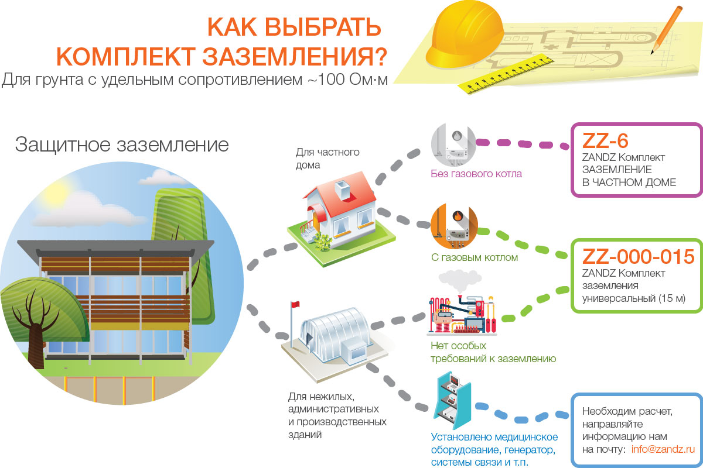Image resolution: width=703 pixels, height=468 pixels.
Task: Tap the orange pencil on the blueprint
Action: click(666, 30)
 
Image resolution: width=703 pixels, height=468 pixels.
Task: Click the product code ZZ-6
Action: click(605, 141)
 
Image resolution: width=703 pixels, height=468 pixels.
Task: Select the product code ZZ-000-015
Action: click(639, 257)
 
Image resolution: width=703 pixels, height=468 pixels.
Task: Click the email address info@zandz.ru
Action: click(663, 449)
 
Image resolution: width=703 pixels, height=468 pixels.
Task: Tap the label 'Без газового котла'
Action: click(476, 174)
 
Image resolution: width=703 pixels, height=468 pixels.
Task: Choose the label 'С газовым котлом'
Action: click(475, 257)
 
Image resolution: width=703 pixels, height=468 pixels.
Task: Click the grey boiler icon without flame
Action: click(454, 144)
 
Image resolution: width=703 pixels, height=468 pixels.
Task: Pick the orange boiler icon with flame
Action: click(454, 226)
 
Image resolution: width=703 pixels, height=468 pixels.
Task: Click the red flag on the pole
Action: click(295, 304)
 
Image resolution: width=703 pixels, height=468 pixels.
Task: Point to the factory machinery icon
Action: click(462, 315)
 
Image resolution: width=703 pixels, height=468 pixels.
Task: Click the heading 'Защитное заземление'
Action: click(122, 145)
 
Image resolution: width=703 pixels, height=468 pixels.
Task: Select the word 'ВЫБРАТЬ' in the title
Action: click(323, 27)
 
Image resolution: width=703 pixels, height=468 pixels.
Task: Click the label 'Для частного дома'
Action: click(327, 159)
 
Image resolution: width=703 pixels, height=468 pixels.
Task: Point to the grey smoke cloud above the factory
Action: click(460, 279)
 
